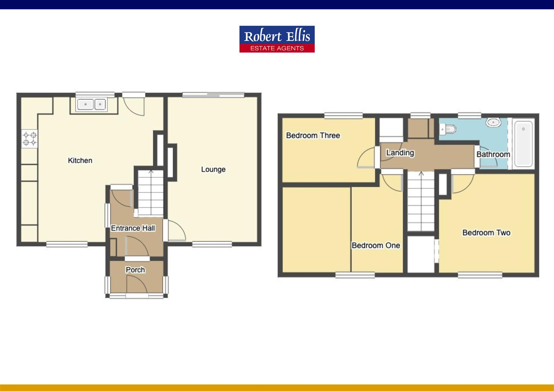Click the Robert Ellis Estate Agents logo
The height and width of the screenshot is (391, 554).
tap(277, 39)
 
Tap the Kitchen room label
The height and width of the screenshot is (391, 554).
tap(80, 160)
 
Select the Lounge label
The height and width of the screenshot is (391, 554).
tap(213, 169)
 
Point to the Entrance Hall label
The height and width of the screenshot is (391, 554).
tap(133, 228)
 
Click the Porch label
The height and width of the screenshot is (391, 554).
tap(135, 270)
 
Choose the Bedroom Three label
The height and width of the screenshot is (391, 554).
tap(313, 135)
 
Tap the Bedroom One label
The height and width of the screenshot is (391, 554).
tap(376, 245)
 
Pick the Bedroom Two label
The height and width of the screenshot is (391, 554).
tap(486, 232)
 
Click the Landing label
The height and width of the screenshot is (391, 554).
tap(400, 152)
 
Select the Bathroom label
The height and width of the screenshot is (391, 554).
tap(493, 154)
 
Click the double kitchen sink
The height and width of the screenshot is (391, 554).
tap(91, 105)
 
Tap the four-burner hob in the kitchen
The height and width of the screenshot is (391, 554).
tap(30, 139)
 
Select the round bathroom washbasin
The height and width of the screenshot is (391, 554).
tap(493, 122)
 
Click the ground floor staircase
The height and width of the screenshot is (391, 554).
tap(151, 192)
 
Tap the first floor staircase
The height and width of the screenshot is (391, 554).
tap(421, 201)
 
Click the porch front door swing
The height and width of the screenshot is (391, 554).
tap(137, 284)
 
